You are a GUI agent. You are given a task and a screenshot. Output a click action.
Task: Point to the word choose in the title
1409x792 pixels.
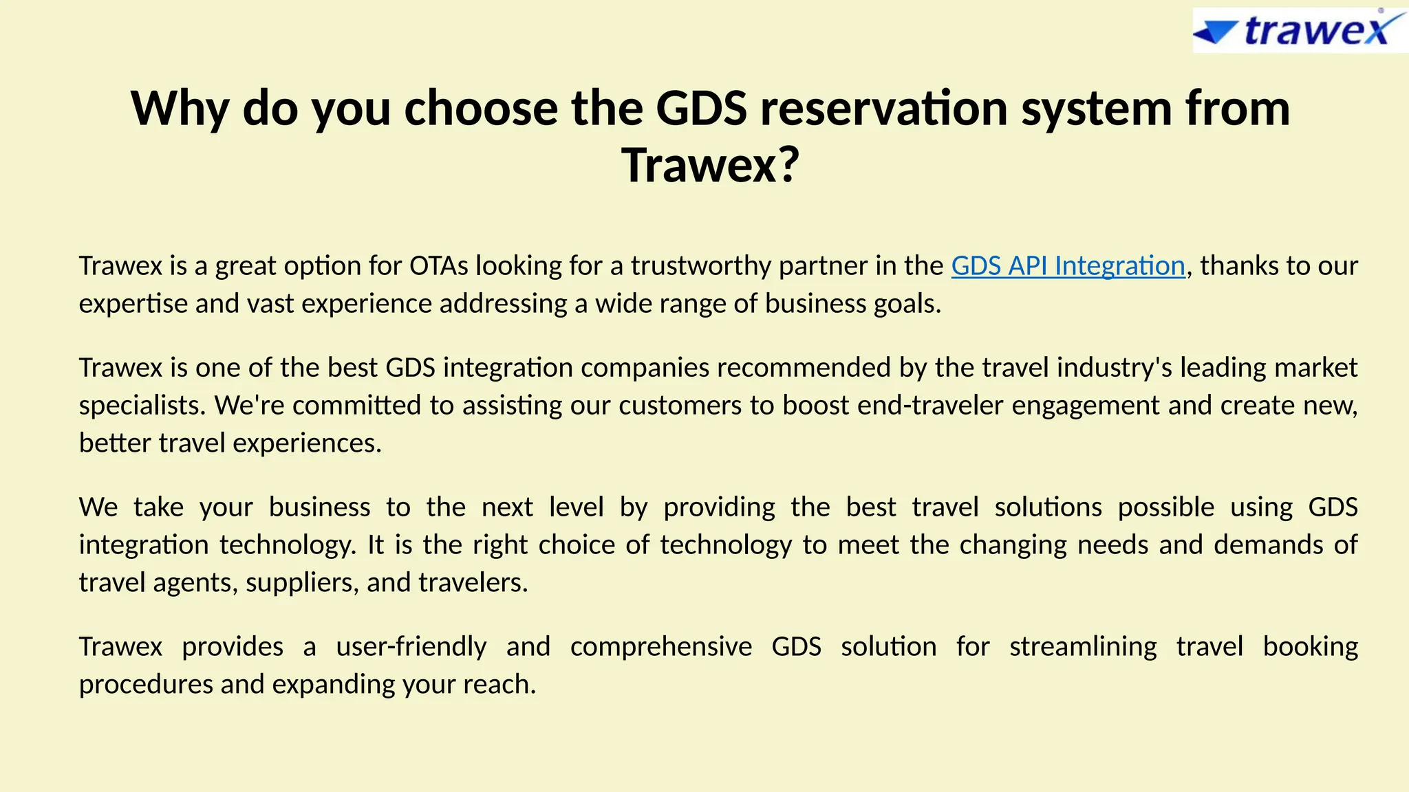[x=481, y=109]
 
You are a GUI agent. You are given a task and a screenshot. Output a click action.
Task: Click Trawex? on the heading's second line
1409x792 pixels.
[x=711, y=166]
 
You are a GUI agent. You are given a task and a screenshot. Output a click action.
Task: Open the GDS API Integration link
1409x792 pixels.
[x=1068, y=266]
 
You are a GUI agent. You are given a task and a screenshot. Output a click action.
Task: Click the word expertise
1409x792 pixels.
[x=133, y=304]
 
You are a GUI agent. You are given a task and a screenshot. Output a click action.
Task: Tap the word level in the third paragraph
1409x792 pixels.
[x=576, y=507]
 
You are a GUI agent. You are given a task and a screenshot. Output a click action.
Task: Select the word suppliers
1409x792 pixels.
[x=302, y=583]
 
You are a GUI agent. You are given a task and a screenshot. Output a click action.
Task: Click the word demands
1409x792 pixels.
[x=1268, y=545]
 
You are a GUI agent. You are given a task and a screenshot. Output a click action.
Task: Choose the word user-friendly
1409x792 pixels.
[x=411, y=647]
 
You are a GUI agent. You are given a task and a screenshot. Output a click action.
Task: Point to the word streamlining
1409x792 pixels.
[x=1083, y=647]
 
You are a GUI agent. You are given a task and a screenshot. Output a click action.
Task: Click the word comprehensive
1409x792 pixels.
[x=660, y=647]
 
